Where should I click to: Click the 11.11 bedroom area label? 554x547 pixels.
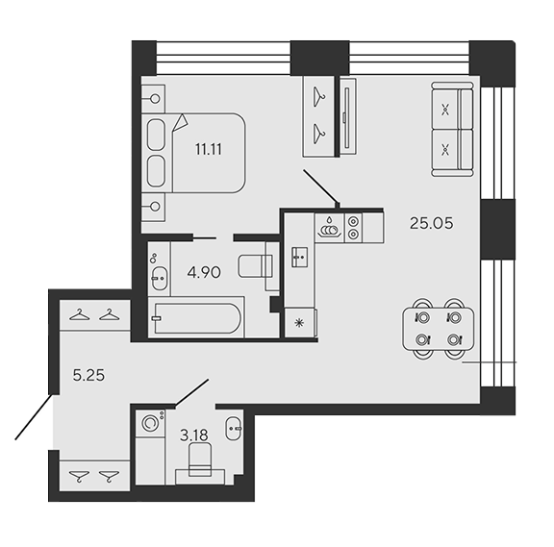(209, 149)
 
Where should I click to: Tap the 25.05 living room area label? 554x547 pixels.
(431, 223)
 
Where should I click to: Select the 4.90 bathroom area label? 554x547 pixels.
(204, 273)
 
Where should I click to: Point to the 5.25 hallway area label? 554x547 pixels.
(88, 375)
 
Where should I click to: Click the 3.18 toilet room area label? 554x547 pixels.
(194, 435)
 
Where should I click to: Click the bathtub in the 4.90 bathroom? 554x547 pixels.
(196, 318)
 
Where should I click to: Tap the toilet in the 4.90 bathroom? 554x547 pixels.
(256, 266)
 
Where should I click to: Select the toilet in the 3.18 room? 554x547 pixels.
(200, 460)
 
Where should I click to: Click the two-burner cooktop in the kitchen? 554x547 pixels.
(353, 228)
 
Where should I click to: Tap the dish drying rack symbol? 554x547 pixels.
(330, 228)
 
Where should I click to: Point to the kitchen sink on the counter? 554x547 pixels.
(299, 257)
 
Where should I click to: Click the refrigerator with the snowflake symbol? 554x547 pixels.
(300, 323)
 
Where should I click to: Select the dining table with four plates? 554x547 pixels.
(439, 329)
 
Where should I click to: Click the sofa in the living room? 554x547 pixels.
(452, 129)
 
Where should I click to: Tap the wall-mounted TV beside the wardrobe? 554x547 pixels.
(347, 117)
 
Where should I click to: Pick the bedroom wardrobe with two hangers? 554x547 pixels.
(318, 116)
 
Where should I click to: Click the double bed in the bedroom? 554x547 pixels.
(193, 153)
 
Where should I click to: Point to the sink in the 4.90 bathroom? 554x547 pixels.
(159, 278)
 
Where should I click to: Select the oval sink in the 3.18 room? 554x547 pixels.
(233, 429)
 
